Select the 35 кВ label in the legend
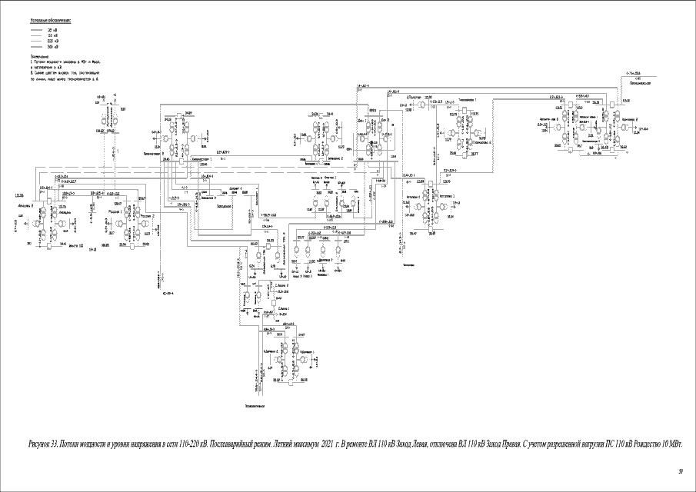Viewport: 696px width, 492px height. pyautogui.click(x=52, y=29)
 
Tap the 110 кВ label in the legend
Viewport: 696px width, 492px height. pyautogui.click(x=52, y=35)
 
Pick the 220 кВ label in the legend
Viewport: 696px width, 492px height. pyautogui.click(x=52, y=42)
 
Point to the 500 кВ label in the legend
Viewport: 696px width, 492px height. pyautogui.click(x=52, y=48)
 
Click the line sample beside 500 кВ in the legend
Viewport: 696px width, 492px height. pyautogui.click(x=37, y=48)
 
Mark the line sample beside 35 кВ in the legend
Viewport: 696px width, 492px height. pyautogui.click(x=37, y=29)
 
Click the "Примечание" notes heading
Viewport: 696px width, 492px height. pyautogui.click(x=40, y=56)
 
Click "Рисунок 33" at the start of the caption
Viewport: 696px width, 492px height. pyautogui.click(x=43, y=444)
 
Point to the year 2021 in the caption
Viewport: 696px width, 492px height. pyautogui.click(x=326, y=444)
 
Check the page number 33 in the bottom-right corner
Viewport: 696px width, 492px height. pyautogui.click(x=680, y=470)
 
